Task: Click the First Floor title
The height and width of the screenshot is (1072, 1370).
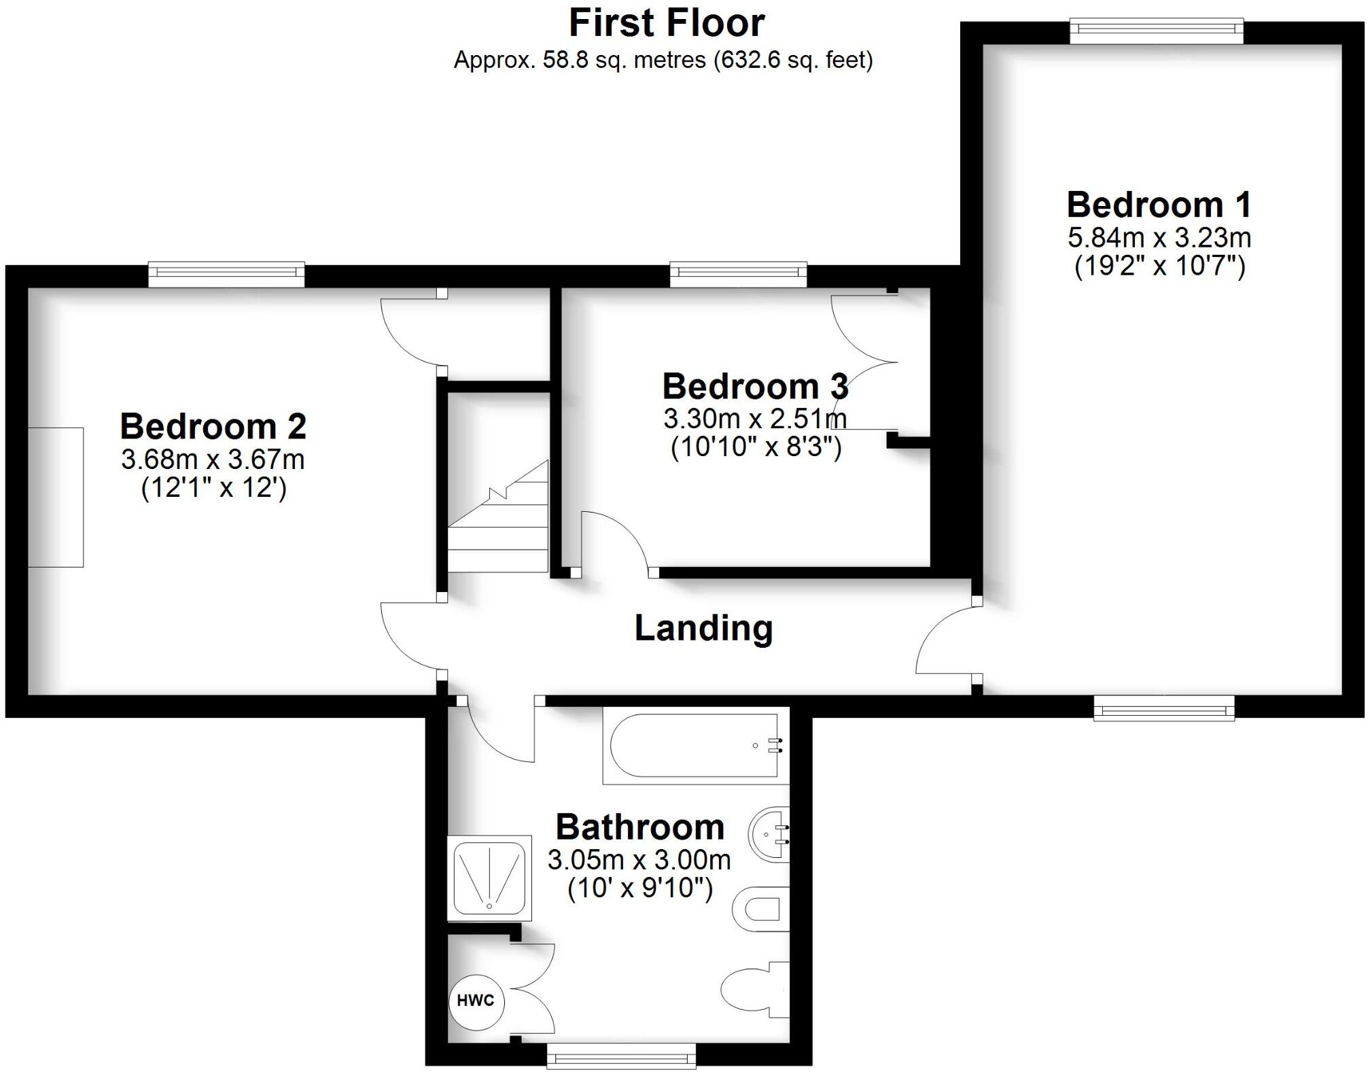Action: [x=667, y=23]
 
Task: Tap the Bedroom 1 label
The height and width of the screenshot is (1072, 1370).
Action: [x=1159, y=205]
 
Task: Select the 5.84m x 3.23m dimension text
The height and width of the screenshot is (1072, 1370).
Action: [x=1159, y=238]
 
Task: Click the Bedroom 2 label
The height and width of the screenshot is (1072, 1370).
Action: [x=213, y=427]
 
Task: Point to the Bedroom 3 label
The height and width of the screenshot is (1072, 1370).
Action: [x=755, y=387]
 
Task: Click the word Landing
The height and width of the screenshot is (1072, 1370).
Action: [x=703, y=627]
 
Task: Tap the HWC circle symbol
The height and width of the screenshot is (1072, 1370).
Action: [x=476, y=1001]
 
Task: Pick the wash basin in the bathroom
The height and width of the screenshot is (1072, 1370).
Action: [x=770, y=834]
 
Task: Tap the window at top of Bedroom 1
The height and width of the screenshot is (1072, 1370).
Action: [x=1156, y=31]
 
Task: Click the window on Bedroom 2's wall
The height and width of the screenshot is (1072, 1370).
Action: [x=226, y=274]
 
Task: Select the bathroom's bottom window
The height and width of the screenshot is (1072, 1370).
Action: [x=621, y=1057]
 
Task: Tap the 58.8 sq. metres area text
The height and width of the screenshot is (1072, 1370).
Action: [x=663, y=60]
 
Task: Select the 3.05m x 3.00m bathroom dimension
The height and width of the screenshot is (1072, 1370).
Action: [x=639, y=861]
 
